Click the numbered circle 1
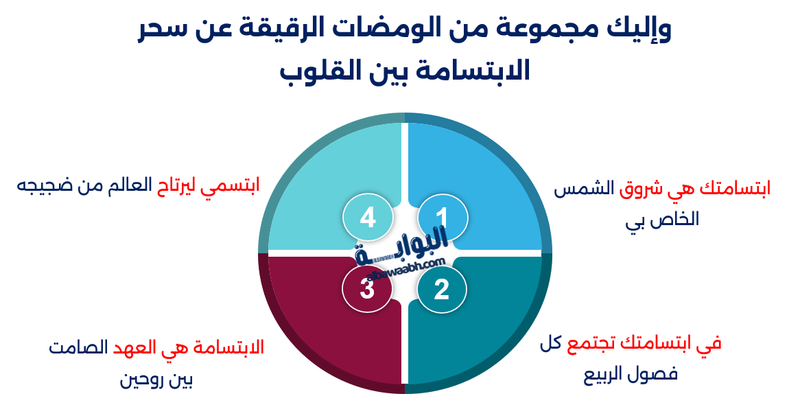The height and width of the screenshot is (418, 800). click(442, 217)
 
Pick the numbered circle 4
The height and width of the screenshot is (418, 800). click(368, 217)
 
